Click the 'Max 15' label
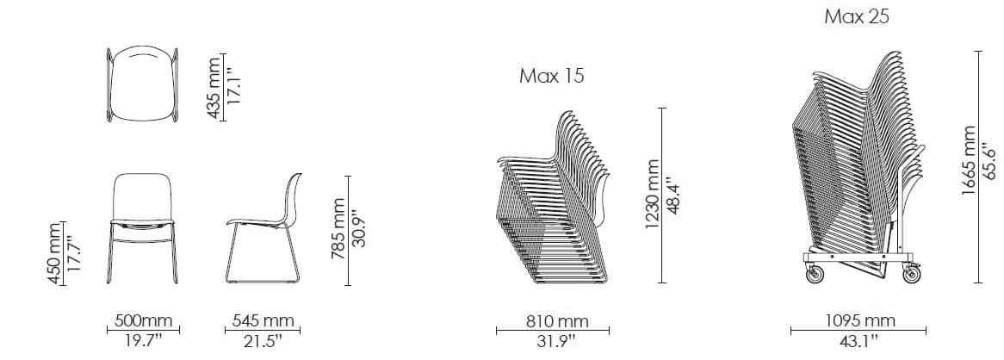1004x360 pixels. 552,76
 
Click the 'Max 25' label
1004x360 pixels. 856,16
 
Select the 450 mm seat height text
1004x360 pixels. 54,252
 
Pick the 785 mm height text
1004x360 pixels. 338,230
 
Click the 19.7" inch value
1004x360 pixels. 144,341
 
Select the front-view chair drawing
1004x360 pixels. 144,227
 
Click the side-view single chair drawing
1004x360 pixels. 264,227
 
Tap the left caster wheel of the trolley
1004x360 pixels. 815,276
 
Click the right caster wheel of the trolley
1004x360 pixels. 911,276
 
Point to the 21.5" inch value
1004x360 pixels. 263,341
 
